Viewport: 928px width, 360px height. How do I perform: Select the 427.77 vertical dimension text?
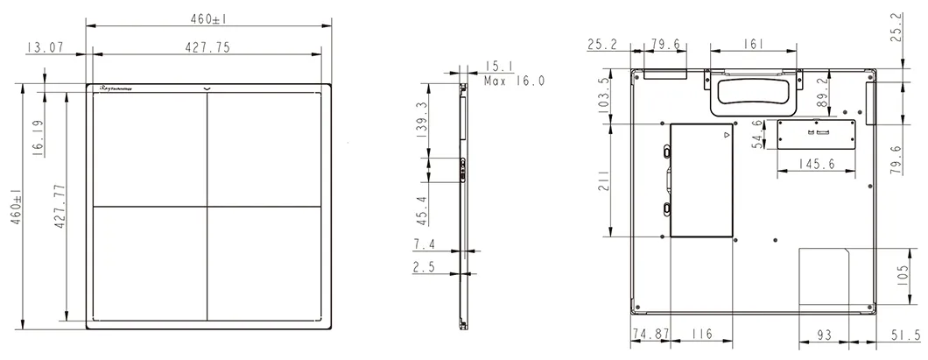pos(60,205)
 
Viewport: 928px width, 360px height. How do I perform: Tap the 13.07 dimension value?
pos(44,48)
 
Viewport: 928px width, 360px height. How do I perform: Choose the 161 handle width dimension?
pos(755,44)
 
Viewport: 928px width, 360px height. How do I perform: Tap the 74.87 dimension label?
pos(650,334)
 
